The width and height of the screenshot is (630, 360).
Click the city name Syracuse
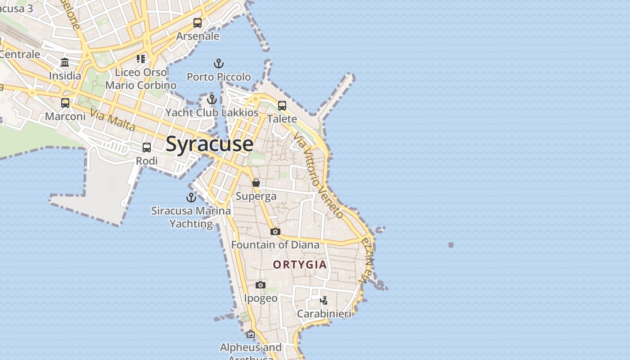pyautogui.click(x=209, y=144)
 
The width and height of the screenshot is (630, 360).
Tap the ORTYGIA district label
pyautogui.click(x=300, y=265)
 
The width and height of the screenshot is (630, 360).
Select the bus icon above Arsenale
pyautogui.click(x=198, y=23)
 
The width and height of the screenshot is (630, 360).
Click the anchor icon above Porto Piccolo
pyautogui.click(x=219, y=63)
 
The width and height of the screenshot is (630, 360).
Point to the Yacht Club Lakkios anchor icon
pyautogui.click(x=212, y=99)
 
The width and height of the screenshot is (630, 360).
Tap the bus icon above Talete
pyautogui.click(x=282, y=106)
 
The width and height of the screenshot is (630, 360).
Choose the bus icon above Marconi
pyautogui.click(x=65, y=103)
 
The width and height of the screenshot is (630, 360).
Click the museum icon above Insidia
pyautogui.click(x=65, y=63)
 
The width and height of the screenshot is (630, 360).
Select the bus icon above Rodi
pyautogui.click(x=147, y=148)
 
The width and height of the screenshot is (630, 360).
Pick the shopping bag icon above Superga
pyautogui.click(x=256, y=183)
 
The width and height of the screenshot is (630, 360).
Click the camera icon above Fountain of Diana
pyautogui.click(x=275, y=231)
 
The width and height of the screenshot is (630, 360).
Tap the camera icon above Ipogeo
pyautogui.click(x=261, y=285)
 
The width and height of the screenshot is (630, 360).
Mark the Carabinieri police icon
pyautogui.click(x=324, y=300)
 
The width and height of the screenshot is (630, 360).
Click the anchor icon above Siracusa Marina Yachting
pyautogui.click(x=191, y=198)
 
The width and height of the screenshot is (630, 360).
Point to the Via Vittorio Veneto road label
pyautogui.click(x=319, y=175)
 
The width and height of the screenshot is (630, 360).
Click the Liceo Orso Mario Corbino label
pyautogui.click(x=141, y=79)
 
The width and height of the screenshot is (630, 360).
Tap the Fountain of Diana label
pyautogui.click(x=275, y=245)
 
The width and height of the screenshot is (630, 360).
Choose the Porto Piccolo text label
pyautogui.click(x=219, y=77)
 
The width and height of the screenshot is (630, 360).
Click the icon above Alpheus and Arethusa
pyautogui.click(x=251, y=334)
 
